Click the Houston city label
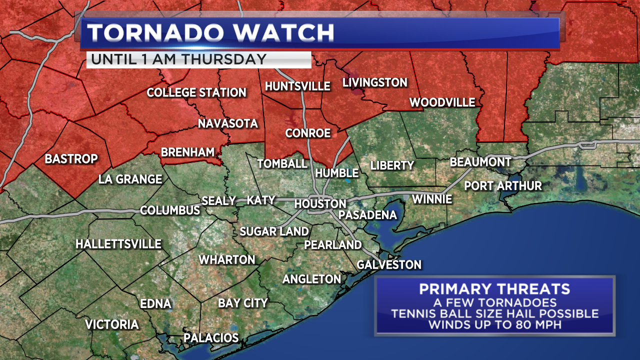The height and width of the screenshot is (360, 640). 320,203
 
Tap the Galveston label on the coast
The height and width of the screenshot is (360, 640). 389,264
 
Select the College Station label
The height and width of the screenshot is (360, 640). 196,92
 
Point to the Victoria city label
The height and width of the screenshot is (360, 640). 111,324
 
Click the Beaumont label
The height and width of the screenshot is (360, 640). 480,162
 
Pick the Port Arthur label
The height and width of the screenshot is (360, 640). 503,185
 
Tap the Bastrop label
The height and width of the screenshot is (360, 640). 71,159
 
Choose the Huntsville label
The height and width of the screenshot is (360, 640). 297,86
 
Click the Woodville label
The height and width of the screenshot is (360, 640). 442,102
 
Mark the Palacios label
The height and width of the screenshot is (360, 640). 211,337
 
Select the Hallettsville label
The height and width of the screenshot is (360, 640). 118,244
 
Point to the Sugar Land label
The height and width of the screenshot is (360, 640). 274,231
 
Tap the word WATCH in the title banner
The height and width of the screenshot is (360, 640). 283,33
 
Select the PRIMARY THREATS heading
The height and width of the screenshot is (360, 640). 494,289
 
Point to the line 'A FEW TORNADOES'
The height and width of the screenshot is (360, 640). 494,302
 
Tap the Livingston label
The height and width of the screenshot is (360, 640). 374,82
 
